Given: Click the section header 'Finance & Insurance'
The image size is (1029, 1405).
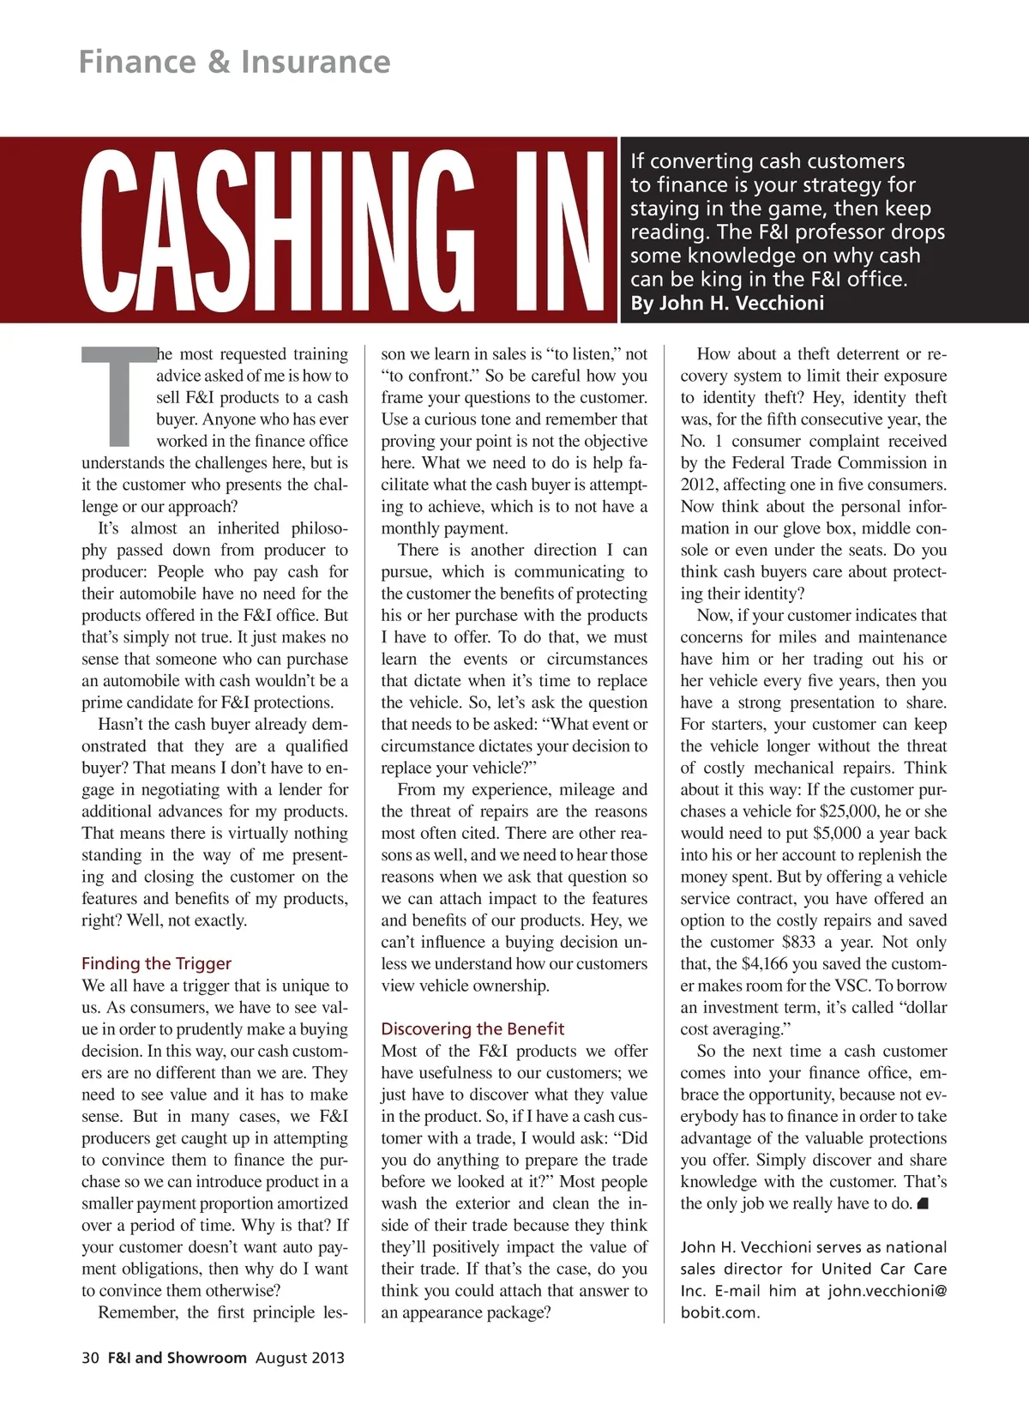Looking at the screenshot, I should (x=234, y=62).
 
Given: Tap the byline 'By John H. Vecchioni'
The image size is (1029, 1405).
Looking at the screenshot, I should (x=727, y=303).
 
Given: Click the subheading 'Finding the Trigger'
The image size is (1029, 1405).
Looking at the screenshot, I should (x=156, y=963).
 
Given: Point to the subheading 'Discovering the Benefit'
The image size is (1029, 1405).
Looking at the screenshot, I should (x=472, y=1028).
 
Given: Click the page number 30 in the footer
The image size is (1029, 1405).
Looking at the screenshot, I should (x=90, y=1358).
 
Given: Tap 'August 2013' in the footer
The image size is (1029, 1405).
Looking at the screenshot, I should (x=300, y=1358).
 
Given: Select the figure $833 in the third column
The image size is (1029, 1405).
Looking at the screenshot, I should (x=799, y=942).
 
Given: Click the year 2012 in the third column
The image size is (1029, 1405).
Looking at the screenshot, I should (x=699, y=485).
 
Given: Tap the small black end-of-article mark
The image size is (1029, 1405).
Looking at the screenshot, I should (x=923, y=1203).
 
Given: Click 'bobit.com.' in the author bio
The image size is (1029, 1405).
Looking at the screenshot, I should (x=719, y=1312).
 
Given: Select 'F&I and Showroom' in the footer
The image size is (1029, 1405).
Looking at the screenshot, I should (x=177, y=1358).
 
